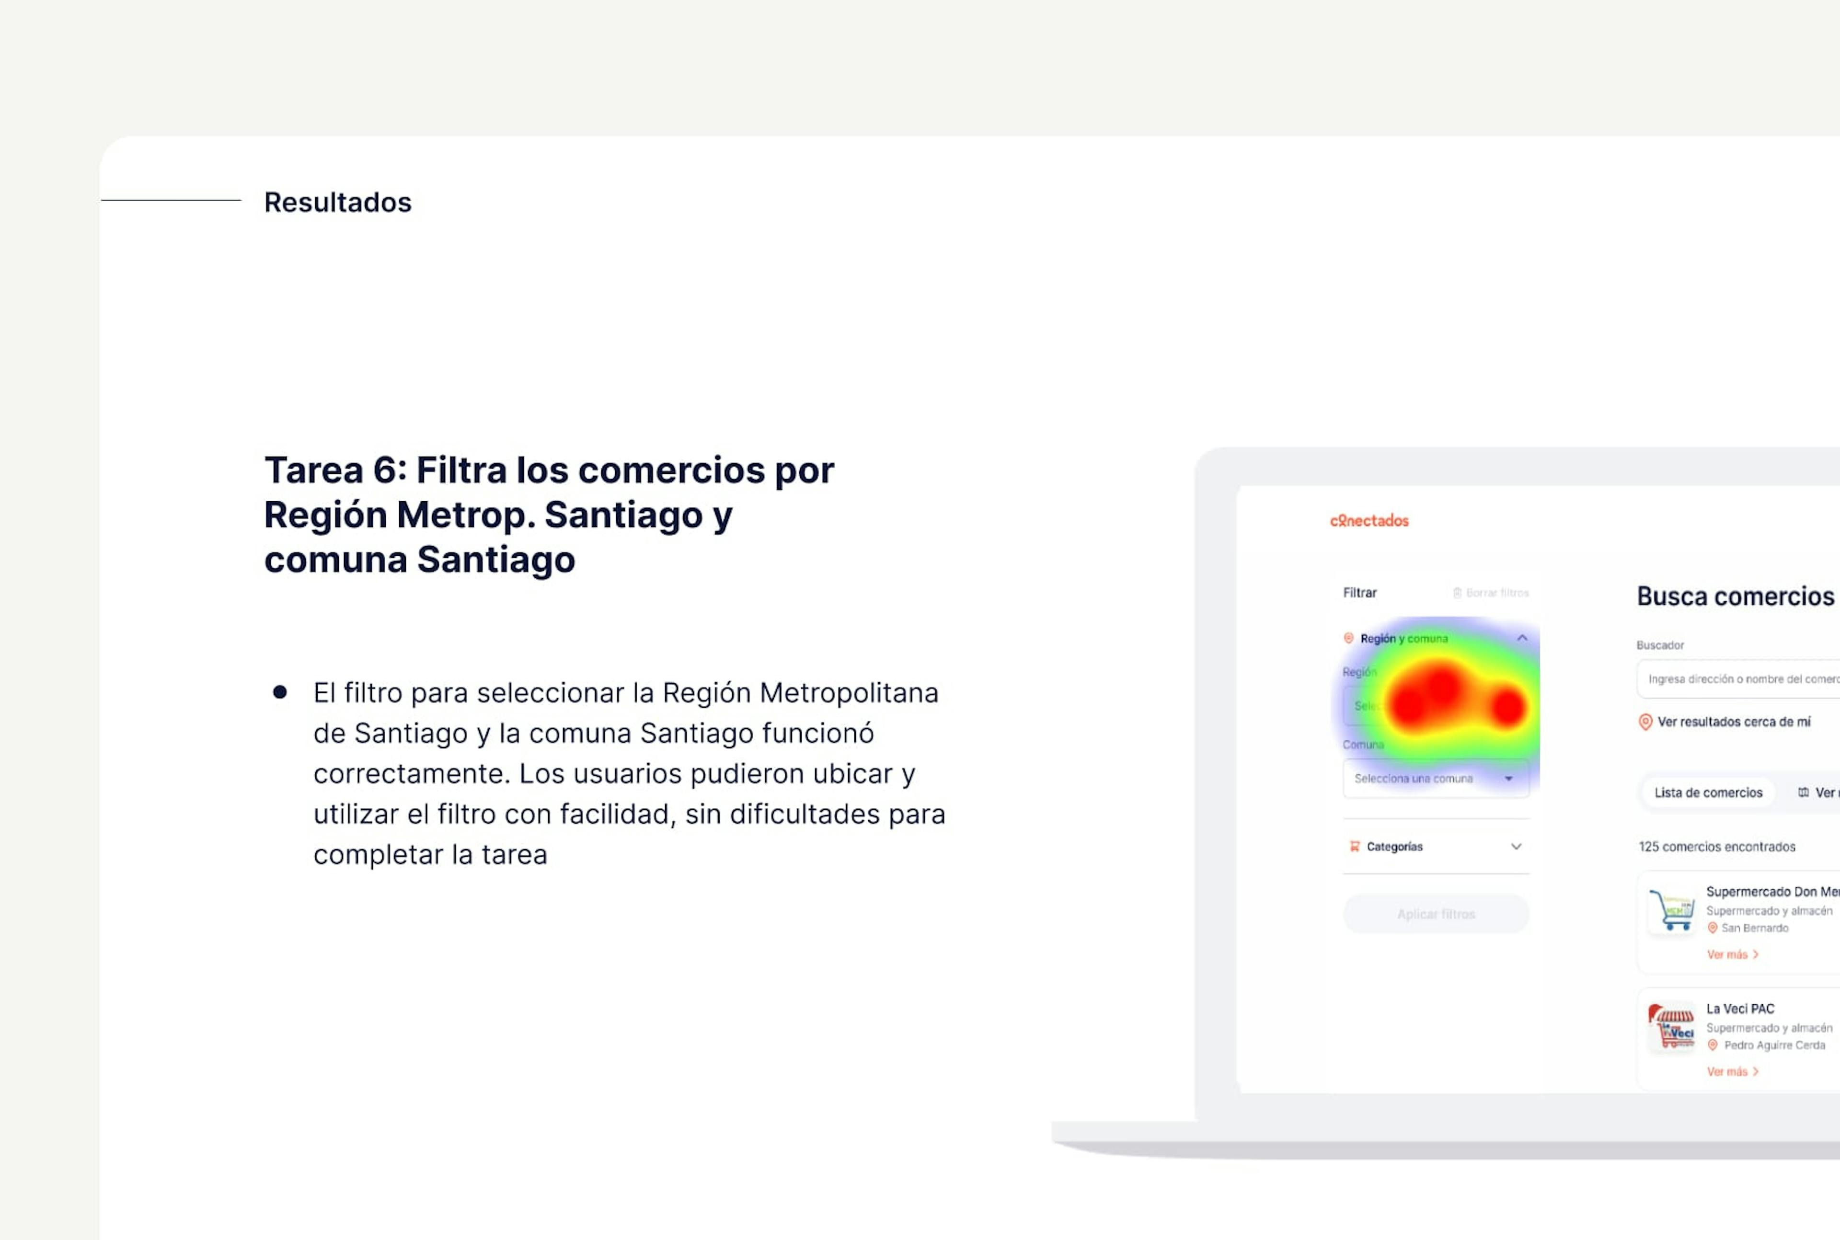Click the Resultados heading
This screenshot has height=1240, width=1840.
[338, 203]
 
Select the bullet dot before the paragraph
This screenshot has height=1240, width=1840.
[280, 693]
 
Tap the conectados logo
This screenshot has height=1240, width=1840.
[1368, 520]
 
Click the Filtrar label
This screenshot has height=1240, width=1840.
[1359, 592]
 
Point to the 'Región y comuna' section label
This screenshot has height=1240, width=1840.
[1403, 638]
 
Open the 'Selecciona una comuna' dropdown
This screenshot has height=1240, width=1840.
[1435, 778]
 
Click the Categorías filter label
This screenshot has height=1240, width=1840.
[1394, 846]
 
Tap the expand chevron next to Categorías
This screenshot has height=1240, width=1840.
[1516, 846]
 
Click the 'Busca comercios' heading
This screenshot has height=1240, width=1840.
[1735, 596]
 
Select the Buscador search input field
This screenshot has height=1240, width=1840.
[1739, 678]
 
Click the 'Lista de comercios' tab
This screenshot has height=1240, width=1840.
[1708, 792]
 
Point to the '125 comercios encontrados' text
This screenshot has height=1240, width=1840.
[1717, 846]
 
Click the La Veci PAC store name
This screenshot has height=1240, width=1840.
[1739, 1008]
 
